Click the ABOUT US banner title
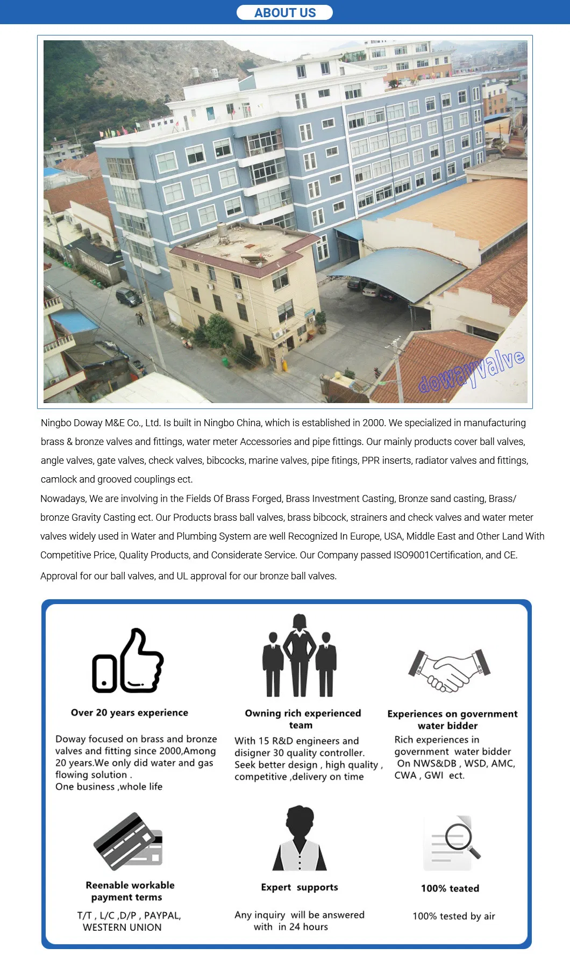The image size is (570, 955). pos(285,13)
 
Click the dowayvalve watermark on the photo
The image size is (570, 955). pos(471,371)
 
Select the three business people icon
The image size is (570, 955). pos(300,656)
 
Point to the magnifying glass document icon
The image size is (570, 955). pos(452,842)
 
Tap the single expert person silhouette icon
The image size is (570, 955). pos(300,838)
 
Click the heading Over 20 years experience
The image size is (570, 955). pos(130,713)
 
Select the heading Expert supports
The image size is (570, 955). pos(300,887)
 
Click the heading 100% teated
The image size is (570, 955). pos(450,888)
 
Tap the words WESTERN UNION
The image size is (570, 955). pos(122,927)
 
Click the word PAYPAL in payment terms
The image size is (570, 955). pos(162,915)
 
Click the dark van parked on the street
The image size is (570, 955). pos(129,297)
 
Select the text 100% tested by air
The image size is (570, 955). pos(454,916)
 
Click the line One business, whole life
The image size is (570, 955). pos(109,786)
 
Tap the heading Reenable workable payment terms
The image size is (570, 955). pos(130,891)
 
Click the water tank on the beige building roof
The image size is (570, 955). pos(222,232)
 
